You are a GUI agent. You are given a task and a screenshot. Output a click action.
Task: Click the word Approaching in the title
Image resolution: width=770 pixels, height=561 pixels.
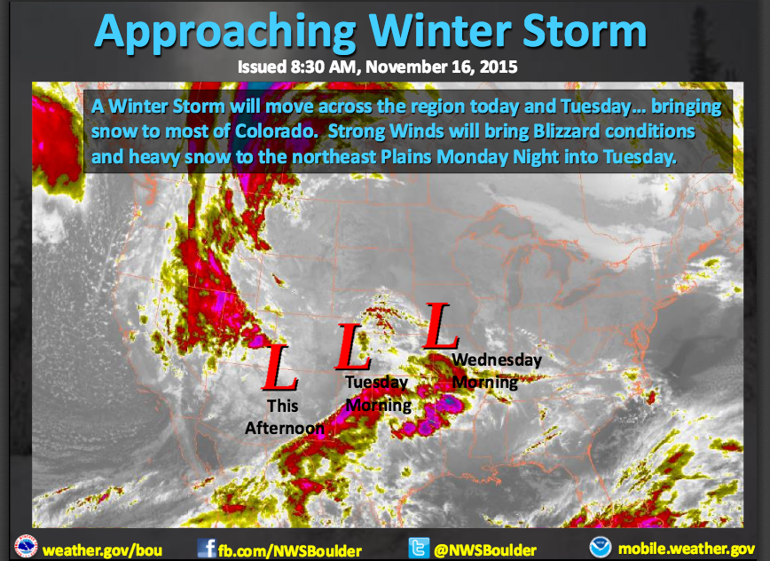coord(226,32)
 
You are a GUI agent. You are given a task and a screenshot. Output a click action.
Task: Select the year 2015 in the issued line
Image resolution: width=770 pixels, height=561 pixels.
coord(499,67)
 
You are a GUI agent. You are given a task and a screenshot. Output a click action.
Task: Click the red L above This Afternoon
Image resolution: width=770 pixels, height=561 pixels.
coord(280,367)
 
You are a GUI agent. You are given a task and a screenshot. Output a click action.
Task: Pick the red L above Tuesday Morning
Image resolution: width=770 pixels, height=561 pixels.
coord(352,347)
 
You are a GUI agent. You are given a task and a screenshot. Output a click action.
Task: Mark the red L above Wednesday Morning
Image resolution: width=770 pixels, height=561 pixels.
coord(441,326)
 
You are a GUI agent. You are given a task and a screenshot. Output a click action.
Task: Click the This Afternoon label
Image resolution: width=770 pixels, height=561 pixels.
coord(285,416)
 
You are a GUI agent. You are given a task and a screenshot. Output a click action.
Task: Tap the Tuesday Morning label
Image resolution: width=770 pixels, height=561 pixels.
coord(378,393)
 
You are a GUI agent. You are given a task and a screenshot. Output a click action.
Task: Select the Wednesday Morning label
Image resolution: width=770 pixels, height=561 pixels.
coord(497,371)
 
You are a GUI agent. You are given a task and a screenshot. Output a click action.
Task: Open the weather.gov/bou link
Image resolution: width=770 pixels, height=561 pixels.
coord(102,550)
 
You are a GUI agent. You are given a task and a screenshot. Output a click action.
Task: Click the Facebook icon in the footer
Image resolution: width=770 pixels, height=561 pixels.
coord(207,548)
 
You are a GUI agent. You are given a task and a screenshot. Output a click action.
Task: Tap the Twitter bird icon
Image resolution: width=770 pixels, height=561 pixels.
coord(419,548)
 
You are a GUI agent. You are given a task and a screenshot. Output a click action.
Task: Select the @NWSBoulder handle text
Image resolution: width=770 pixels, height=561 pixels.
coord(485,549)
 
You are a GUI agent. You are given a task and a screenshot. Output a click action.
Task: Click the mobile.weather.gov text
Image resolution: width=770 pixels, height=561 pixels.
coord(687,549)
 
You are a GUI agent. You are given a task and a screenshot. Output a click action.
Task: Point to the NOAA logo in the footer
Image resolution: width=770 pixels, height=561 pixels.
coord(600,548)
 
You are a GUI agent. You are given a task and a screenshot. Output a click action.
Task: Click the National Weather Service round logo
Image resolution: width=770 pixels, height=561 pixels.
coord(26,548)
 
